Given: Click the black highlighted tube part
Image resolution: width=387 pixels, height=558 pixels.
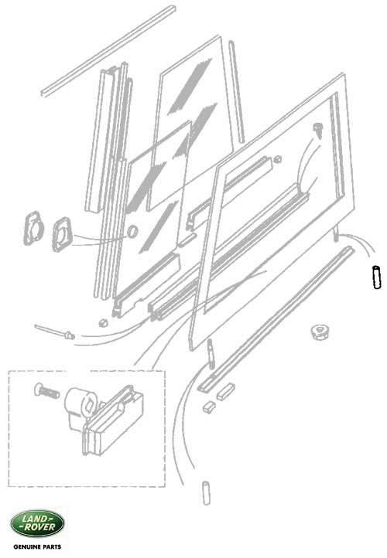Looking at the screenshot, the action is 376,277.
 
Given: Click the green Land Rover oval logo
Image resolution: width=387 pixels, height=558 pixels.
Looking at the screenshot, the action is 37,523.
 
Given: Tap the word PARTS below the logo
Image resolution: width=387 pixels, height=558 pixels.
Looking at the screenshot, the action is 53,546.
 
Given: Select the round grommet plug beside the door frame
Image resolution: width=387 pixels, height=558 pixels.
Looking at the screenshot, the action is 320,332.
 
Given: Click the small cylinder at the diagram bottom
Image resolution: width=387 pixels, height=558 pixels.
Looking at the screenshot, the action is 207,493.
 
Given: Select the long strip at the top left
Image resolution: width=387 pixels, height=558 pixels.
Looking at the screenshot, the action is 108,50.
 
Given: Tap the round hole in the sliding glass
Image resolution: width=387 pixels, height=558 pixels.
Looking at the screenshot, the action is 132,231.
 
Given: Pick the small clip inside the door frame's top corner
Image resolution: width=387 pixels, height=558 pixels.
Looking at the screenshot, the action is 317,131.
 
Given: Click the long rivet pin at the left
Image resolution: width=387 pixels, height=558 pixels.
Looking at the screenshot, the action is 54,332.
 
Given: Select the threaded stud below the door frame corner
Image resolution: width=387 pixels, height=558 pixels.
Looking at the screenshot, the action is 211,354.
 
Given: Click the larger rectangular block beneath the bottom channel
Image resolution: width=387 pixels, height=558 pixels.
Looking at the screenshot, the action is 225,392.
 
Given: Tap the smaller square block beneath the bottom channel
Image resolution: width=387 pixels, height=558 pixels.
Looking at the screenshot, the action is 209,407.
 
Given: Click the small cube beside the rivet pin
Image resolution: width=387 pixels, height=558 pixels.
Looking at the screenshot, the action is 103,322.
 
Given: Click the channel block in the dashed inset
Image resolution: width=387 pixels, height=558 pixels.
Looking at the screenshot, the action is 113,420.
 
